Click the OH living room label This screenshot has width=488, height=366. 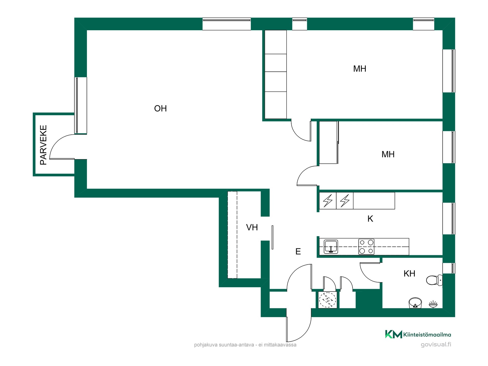pos(160,109)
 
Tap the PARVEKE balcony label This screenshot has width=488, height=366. pos(43,145)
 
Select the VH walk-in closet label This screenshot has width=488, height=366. pos(252,227)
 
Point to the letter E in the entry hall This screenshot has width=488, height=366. pos(298,251)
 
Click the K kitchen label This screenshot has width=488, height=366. pos(370,219)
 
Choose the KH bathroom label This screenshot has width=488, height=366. pos(409,273)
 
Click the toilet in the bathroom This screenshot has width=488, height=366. pos(434,280)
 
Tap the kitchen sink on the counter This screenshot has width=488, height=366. pos(331,247)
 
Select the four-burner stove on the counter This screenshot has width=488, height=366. pos(366,247)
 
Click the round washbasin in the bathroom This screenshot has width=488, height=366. pos(415,303)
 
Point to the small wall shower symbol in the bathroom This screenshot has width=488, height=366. pos(433,304)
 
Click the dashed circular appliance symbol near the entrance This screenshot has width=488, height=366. pos(328,300)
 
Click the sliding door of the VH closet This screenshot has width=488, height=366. pos(272,237)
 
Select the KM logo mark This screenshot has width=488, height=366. pos(393,334)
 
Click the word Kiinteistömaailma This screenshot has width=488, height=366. pos(427,335)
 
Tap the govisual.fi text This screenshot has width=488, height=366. pos(436,345)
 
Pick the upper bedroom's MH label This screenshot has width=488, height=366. pos(360,69)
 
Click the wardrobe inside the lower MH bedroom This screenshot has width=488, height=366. pos(329,142)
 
